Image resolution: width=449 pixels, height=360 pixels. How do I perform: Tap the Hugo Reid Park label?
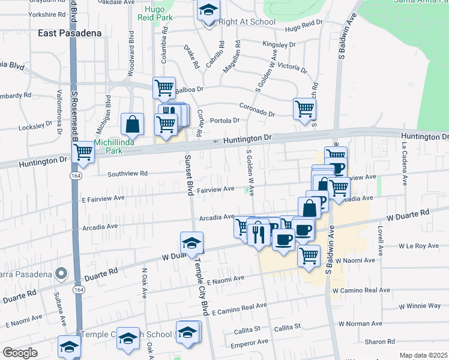coord(159,13)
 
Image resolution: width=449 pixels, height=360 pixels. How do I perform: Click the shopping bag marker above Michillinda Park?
coord(132,125)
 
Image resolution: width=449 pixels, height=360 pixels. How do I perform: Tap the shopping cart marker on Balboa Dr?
coord(164,89)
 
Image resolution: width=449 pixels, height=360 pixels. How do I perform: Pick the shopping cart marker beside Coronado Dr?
coord(304,109)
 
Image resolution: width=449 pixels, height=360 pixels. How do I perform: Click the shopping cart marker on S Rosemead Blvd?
coord(82,152)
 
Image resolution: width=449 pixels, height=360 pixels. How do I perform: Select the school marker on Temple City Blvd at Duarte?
coord(191,244)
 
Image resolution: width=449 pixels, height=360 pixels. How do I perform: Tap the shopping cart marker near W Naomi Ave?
coord(309,256)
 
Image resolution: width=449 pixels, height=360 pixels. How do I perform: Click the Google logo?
coord(19,352)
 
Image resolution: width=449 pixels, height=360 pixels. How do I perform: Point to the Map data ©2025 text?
coord(424,355)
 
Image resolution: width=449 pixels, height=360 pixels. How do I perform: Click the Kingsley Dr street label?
coord(279,44)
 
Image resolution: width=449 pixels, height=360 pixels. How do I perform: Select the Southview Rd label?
coord(127,174)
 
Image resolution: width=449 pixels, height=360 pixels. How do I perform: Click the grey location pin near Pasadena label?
coord(61,274)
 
